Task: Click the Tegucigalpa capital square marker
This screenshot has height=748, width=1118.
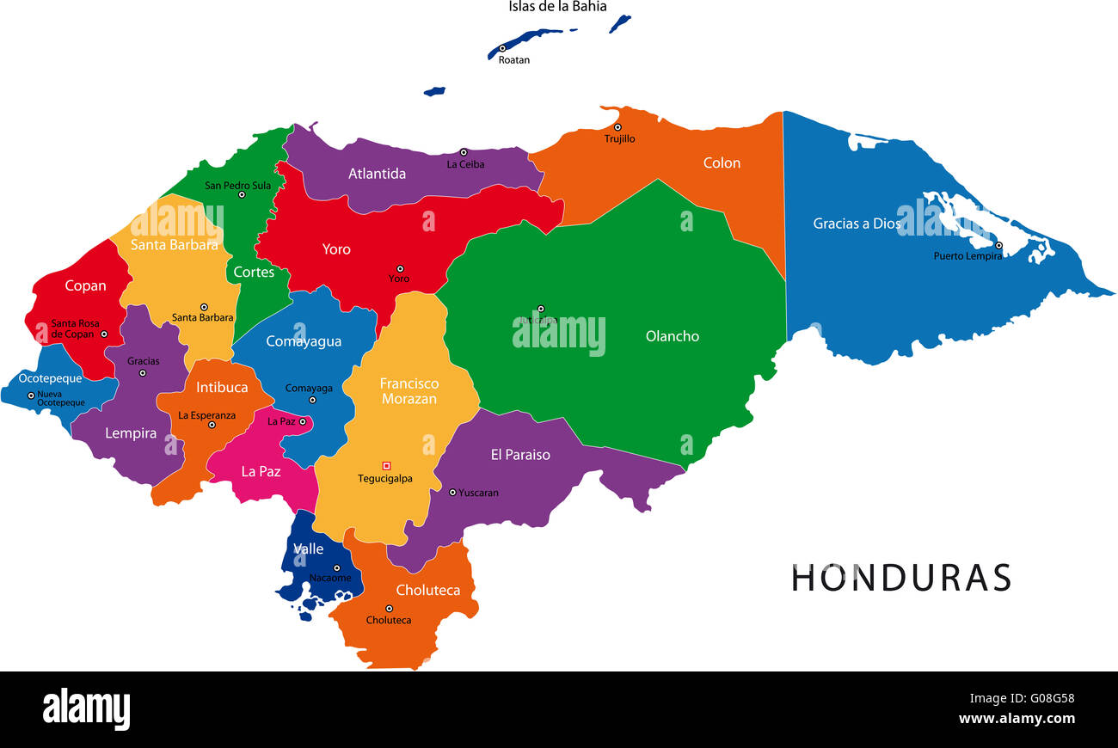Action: (x=386, y=466)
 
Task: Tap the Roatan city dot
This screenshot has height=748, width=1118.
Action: (x=502, y=49)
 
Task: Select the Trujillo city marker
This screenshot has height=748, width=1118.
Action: (x=617, y=127)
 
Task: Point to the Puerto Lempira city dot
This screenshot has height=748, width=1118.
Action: (x=998, y=245)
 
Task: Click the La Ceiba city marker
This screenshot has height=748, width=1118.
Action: (x=463, y=152)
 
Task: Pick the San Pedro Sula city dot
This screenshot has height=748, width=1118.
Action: (x=242, y=194)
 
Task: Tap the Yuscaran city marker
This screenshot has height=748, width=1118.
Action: (x=452, y=493)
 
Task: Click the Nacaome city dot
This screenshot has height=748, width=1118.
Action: (x=336, y=567)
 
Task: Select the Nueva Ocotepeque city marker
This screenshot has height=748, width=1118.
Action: (x=31, y=395)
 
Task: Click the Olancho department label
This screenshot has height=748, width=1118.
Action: (x=673, y=336)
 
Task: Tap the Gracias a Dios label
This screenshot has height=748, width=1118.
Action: (x=857, y=224)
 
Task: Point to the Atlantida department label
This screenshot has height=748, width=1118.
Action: (x=377, y=174)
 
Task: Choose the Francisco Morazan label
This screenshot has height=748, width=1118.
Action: (x=409, y=391)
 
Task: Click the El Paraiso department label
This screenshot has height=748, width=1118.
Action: (x=520, y=455)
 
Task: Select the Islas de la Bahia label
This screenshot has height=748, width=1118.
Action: (x=556, y=7)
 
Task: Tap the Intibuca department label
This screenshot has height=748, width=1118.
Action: (x=222, y=388)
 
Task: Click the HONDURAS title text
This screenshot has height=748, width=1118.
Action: (x=900, y=578)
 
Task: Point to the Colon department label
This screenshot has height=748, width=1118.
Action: (x=722, y=163)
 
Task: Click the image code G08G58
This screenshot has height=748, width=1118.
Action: (x=1046, y=698)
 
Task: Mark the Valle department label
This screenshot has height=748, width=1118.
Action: (x=308, y=549)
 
